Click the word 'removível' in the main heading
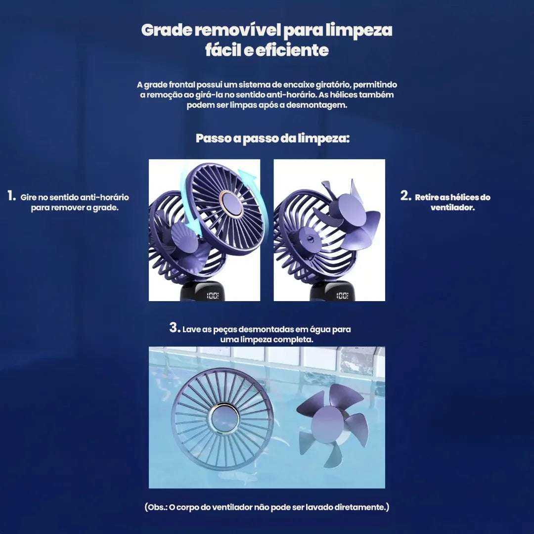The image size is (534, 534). click(x=237, y=30)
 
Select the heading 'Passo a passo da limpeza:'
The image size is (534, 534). click(x=272, y=138)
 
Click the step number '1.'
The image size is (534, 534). click(x=11, y=196)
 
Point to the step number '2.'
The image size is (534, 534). click(x=405, y=196)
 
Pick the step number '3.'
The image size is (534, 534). click(x=175, y=328)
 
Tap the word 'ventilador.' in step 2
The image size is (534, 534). click(x=452, y=208)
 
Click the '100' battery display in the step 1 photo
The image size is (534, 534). click(x=213, y=296)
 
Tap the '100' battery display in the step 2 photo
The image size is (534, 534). click(x=342, y=296)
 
